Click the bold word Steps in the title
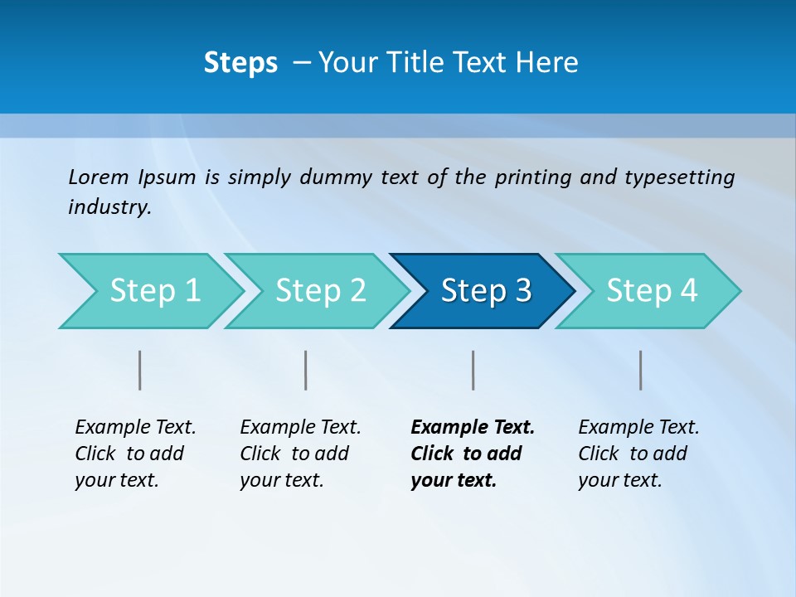pyautogui.click(x=240, y=63)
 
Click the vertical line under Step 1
pyautogui.click(x=140, y=370)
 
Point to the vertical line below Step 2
pyautogui.click(x=306, y=370)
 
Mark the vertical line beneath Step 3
pyautogui.click(x=473, y=370)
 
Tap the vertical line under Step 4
pyautogui.click(x=641, y=370)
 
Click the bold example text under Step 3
pyautogui.click(x=472, y=454)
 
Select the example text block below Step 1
pyautogui.click(x=135, y=454)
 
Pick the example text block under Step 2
pyautogui.click(x=300, y=454)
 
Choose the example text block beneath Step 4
pyautogui.click(x=638, y=454)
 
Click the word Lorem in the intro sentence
pyautogui.click(x=98, y=177)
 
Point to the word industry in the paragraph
pyautogui.click(x=109, y=207)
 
